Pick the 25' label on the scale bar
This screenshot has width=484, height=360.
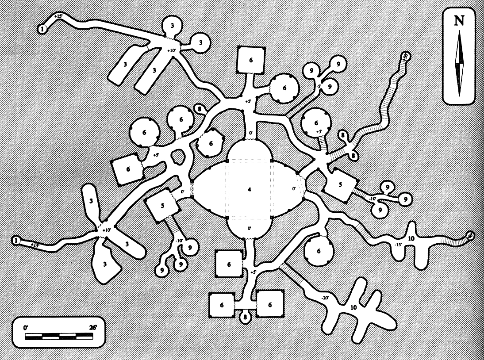coord(93,328)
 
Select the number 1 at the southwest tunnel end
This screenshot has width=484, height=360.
coord(16,240)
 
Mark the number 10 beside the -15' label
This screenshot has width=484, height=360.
coord(411,239)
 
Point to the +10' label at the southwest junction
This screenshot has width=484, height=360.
coord(107,230)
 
